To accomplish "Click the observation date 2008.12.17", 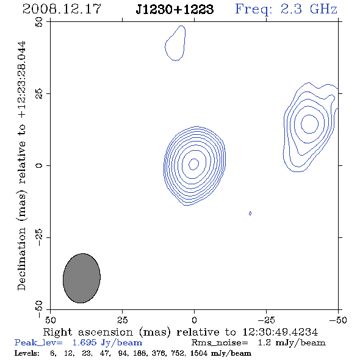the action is [x=62, y=9].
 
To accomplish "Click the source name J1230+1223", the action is [x=175, y=9].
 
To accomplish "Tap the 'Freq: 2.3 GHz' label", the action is [x=286, y=9].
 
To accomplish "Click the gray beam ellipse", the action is [x=82, y=278].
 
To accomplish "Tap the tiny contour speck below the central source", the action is [x=250, y=214].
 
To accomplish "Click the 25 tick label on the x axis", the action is [x=123, y=320].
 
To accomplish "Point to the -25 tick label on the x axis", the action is [x=267, y=320].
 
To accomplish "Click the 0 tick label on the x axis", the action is [x=194, y=320].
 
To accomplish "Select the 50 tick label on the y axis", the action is [x=39, y=22].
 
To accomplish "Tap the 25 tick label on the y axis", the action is [x=39, y=94].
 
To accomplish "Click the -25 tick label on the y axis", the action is [x=39, y=237].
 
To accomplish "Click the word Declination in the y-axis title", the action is [x=21, y=259].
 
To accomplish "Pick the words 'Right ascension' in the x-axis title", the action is [x=88, y=332].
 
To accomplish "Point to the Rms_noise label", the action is [x=220, y=343].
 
